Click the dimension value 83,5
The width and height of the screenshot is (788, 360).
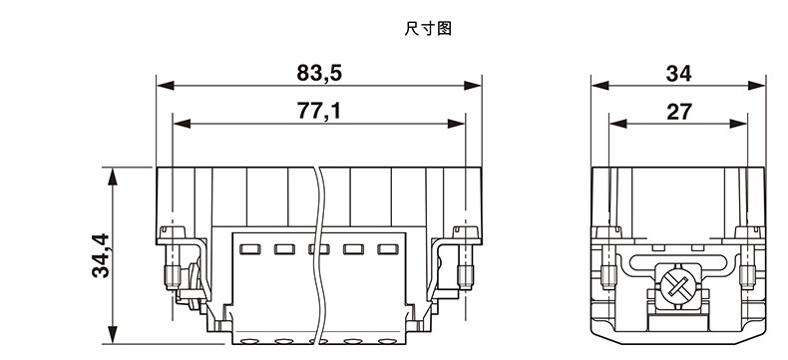tap(319, 74)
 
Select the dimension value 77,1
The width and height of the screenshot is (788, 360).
tap(319, 111)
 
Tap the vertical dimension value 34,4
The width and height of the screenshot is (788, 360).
tap(101, 255)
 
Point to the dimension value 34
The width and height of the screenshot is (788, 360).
tap(678, 74)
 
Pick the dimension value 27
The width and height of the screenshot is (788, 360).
tap(679, 112)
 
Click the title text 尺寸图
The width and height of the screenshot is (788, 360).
tap(428, 29)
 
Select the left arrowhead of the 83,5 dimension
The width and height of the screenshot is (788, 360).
tap(165, 86)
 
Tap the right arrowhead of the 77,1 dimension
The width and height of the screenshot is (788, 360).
tap(456, 124)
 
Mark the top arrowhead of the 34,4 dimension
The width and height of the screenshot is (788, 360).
tap(113, 177)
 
